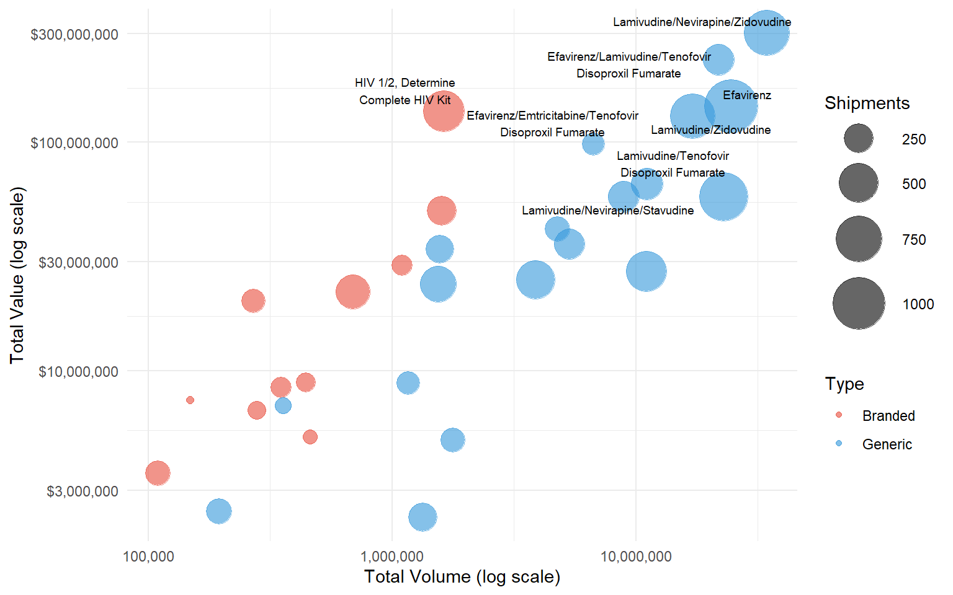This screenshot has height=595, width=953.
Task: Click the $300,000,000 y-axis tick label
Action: (74, 34)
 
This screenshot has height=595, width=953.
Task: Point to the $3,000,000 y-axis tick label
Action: (83, 491)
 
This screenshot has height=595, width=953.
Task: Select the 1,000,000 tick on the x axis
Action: (392, 556)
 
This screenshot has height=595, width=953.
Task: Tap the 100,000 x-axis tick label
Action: (148, 556)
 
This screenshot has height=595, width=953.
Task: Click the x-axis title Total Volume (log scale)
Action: (462, 576)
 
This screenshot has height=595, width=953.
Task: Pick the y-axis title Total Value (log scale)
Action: (17, 275)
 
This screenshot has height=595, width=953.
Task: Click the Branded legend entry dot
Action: (839, 415)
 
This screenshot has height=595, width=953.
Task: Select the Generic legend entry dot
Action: (839, 443)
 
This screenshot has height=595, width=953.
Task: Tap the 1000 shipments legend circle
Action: (859, 303)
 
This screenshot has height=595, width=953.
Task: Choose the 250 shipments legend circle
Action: (859, 138)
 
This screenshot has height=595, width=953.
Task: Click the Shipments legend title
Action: (867, 103)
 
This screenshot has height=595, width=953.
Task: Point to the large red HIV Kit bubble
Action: (444, 111)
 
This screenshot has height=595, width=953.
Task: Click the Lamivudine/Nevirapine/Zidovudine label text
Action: (702, 22)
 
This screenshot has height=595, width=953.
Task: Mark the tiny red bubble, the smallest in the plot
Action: (190, 400)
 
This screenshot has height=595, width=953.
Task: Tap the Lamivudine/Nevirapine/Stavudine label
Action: (607, 211)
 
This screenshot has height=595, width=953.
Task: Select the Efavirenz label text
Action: (747, 95)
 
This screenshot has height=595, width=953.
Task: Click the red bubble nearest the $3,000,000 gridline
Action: (158, 473)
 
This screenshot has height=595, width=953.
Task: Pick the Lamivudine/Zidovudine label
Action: (710, 130)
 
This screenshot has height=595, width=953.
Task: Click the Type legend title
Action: (844, 384)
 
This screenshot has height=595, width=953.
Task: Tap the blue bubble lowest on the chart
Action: (423, 517)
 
